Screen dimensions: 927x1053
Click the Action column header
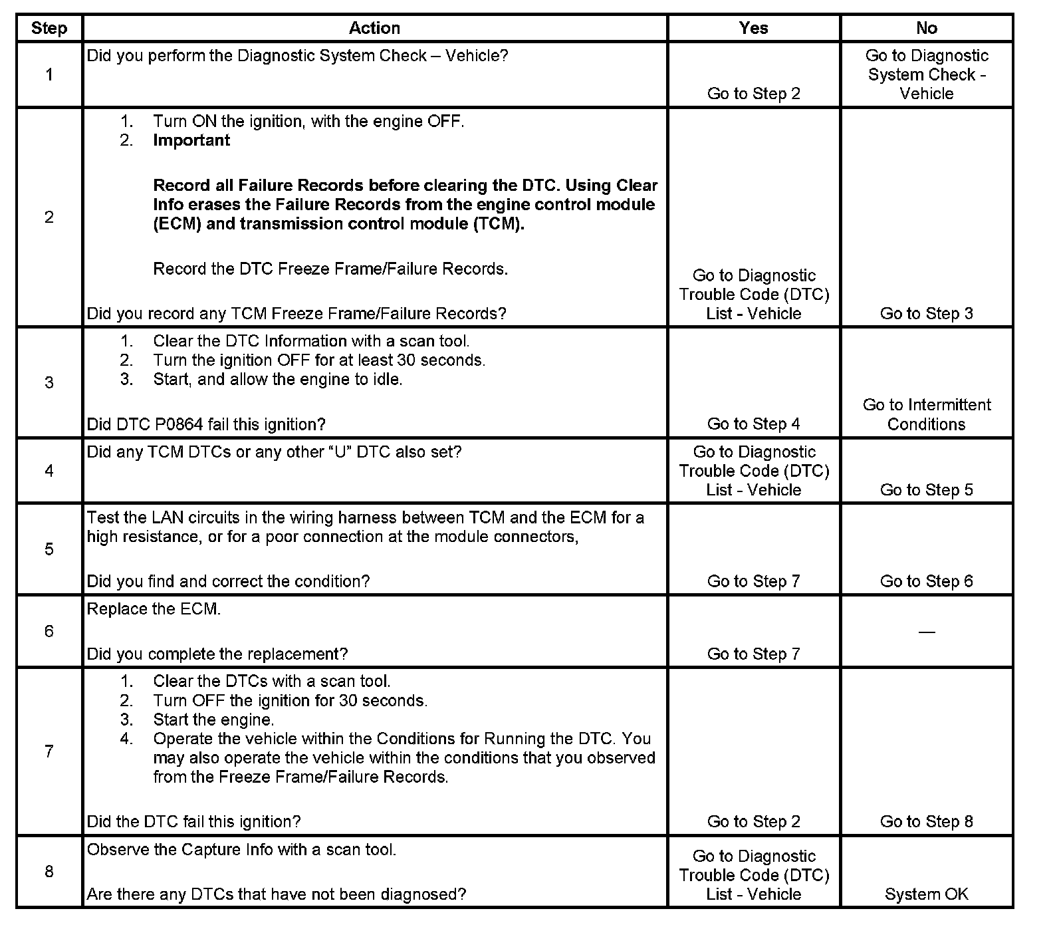[374, 28]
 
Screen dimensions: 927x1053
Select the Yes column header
[753, 28]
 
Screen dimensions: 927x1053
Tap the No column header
[926, 28]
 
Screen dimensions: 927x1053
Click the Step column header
[49, 28]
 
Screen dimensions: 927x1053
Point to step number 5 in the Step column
[49, 549]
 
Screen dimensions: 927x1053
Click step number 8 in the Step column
[49, 871]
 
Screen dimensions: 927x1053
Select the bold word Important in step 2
[191, 140]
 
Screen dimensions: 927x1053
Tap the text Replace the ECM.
[154, 609]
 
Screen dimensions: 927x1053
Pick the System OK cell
[926, 894]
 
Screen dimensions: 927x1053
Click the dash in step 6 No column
[926, 632]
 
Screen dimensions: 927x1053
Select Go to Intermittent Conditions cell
[926, 414]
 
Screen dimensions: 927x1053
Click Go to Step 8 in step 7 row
[926, 821]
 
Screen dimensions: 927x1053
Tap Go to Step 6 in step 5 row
[926, 581]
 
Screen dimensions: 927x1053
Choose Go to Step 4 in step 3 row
[753, 424]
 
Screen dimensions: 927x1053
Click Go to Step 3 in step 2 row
[926, 313]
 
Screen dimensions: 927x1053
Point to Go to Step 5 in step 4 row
[926, 489]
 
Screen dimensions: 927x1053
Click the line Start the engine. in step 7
[213, 720]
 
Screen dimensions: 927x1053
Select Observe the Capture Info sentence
[241, 849]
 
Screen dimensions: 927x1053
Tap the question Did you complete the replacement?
[217, 654]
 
